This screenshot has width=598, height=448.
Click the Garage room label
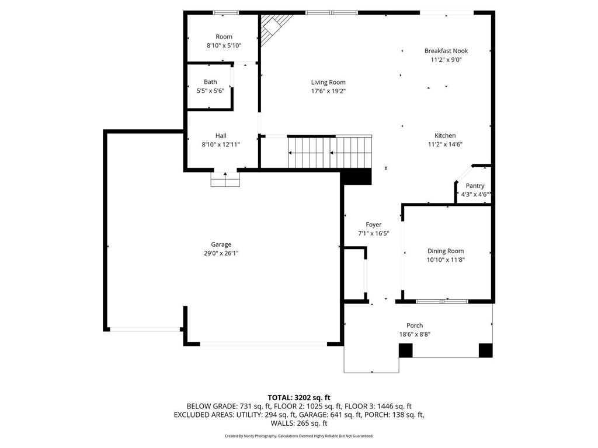pos(221,244)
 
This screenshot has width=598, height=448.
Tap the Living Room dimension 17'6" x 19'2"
pos(328,91)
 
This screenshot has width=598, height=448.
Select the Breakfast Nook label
pos(446,51)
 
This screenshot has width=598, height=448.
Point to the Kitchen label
pos(445,135)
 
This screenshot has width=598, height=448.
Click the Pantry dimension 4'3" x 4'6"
pos(475,194)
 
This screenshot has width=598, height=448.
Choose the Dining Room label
pos(446,251)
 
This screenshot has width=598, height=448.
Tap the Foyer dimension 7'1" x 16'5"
pos(373,233)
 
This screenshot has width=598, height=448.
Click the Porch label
pos(415,325)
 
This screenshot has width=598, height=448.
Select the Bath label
pos(210,82)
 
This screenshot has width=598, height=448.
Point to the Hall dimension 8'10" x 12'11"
pos(221,145)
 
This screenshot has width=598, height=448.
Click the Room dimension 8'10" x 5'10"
pos(224,45)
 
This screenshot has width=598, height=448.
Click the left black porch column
pos(406,351)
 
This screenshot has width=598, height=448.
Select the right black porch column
pos(485,351)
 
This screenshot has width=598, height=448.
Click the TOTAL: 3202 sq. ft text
pos(299,398)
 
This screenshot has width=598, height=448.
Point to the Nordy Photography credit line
pos(299,436)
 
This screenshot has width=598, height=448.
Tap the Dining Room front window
pos(441,302)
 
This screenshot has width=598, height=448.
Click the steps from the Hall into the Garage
pos(225,180)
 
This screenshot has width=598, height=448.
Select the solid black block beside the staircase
pos(356,177)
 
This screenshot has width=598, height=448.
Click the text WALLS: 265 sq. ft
pos(299,423)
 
